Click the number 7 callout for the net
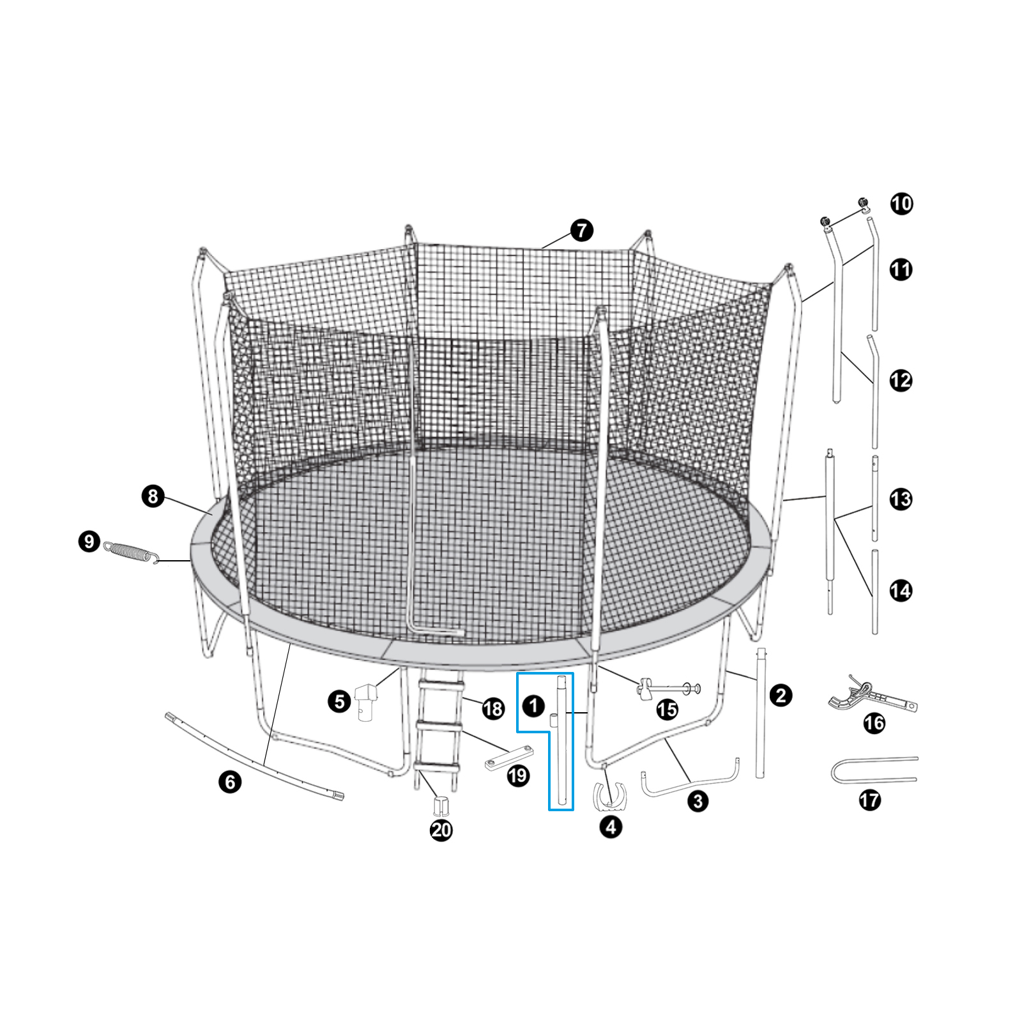pyautogui.click(x=581, y=231)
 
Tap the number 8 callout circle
pyautogui.click(x=153, y=496)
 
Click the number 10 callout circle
pyautogui.click(x=901, y=204)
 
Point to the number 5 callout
pyautogui.click(x=339, y=701)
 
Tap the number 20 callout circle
pyautogui.click(x=441, y=830)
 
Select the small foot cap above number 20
pyautogui.click(x=441, y=805)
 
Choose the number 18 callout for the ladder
pyautogui.click(x=493, y=708)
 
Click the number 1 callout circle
pyautogui.click(x=533, y=706)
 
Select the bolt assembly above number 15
pyautogui.click(x=667, y=689)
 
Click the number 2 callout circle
pyautogui.click(x=781, y=696)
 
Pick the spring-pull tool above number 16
pyautogui.click(x=872, y=698)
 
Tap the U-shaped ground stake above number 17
pyautogui.click(x=873, y=770)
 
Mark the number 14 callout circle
pyautogui.click(x=901, y=590)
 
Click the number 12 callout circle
pyautogui.click(x=901, y=381)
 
